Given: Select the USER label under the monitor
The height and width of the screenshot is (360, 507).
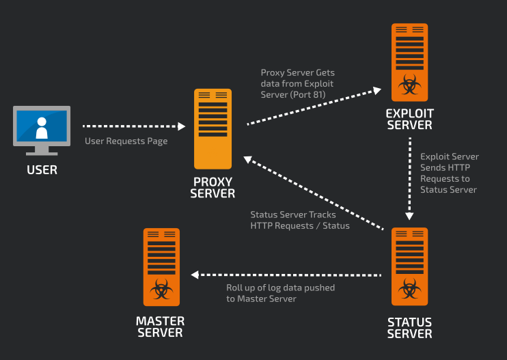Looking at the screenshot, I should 42,170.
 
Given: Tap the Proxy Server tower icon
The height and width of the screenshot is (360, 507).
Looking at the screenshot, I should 213,128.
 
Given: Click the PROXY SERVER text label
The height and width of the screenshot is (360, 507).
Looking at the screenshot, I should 213,188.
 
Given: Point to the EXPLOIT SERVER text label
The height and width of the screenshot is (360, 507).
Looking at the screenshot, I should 409,119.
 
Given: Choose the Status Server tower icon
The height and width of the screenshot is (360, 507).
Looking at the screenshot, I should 409,266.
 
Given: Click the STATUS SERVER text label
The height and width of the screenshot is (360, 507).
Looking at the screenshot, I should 409,328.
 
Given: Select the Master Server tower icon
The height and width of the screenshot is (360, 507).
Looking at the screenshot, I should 161,266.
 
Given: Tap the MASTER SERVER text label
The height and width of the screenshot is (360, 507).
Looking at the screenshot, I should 161,327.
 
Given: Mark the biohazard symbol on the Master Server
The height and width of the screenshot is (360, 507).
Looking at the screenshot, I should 161,289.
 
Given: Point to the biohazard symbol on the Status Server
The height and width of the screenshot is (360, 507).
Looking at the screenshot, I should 409,289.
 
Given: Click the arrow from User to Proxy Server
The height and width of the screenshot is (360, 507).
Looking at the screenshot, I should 133,126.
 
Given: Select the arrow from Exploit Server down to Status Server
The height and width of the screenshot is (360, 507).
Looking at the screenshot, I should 409,178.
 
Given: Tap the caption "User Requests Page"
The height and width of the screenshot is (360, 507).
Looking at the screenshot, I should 126,141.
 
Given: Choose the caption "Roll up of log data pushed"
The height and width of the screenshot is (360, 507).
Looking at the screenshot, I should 280,288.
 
